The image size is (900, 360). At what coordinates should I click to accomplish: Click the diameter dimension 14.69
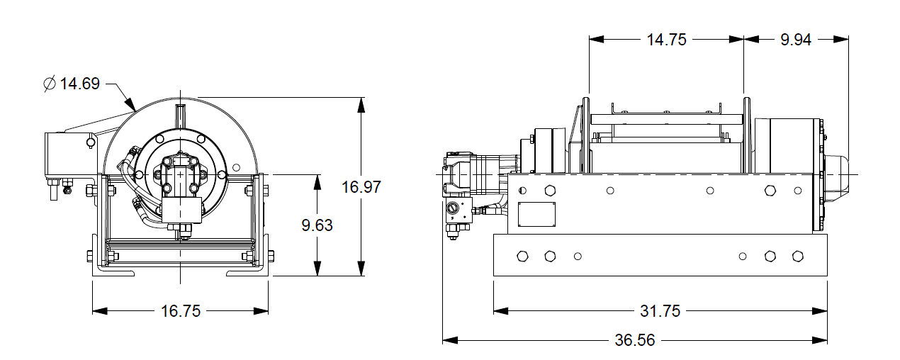coord(79,84)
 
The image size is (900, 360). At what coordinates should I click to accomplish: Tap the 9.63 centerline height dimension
coord(317,225)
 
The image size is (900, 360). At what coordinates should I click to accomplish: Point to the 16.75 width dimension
coord(181,310)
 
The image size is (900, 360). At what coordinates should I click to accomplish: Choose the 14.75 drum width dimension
coord(666,40)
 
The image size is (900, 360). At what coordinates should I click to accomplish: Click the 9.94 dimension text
coord(796,40)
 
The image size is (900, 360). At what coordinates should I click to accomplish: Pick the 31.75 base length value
coord(660,310)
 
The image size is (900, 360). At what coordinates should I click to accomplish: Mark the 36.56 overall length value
coord(635,340)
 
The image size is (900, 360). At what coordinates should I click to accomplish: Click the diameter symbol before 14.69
coord(50,84)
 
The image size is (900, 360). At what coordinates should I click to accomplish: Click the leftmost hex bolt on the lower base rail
coord(524,256)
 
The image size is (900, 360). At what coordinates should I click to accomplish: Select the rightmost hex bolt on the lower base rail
coord(797,256)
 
